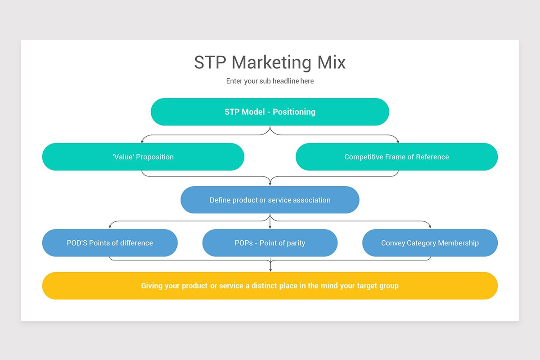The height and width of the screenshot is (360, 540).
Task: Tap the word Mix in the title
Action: [x=332, y=62]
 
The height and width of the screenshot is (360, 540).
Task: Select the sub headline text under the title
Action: [x=270, y=81]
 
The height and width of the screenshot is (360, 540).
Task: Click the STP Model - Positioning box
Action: [x=270, y=112]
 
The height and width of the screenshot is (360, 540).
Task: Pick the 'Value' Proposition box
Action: [x=143, y=157]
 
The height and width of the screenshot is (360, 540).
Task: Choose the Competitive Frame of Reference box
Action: [x=396, y=157]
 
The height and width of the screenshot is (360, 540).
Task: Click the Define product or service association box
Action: [x=270, y=200]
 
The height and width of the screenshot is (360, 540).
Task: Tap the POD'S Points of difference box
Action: [x=110, y=243]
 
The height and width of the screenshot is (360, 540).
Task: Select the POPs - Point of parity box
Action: [x=270, y=243]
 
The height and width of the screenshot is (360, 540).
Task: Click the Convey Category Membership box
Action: [x=430, y=243]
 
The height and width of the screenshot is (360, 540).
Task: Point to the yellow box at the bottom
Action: [x=270, y=286]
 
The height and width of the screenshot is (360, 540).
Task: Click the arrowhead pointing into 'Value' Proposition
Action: [x=142, y=141]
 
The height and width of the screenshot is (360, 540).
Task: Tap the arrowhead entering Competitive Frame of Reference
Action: [x=398, y=141]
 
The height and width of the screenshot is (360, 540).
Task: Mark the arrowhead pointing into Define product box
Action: [x=270, y=184]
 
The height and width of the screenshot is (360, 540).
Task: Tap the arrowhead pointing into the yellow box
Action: [x=270, y=270]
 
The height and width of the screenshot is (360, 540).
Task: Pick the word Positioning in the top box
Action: [x=294, y=112]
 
